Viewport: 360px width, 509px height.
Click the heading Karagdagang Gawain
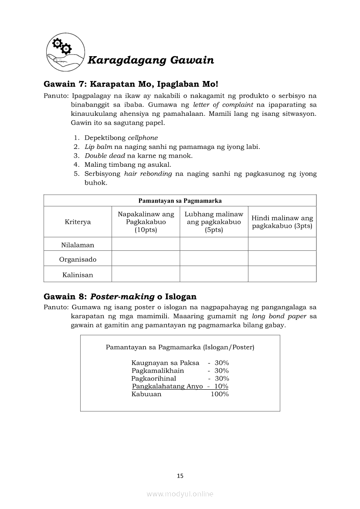pyautogui.click(x=150, y=61)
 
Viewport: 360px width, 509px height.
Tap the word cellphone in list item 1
pyautogui.click(x=143, y=138)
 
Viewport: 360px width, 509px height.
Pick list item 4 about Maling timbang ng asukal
pyautogui.click(x=128, y=165)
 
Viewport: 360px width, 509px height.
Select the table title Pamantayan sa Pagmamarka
pyautogui.click(x=180, y=201)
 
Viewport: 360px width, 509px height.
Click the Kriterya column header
pyautogui.click(x=78, y=222)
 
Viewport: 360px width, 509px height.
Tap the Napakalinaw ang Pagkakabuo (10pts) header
pyautogui.click(x=146, y=222)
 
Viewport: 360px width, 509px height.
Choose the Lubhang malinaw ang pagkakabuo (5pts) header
pyautogui.click(x=214, y=222)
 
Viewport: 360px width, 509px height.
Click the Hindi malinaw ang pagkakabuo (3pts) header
pyautogui.click(x=282, y=222)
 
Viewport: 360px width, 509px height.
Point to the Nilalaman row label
pyautogui.click(x=78, y=245)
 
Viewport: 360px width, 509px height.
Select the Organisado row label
pyautogui.click(x=78, y=260)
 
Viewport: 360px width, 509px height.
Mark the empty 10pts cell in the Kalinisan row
pyautogui.click(x=146, y=275)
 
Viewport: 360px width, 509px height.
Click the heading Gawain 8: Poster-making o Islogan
pyautogui.click(x=120, y=297)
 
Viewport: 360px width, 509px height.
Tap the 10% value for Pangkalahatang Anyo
pyautogui.click(x=221, y=386)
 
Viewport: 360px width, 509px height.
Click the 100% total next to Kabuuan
pyautogui.click(x=220, y=394)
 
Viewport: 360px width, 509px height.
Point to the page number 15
pyautogui.click(x=180, y=476)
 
